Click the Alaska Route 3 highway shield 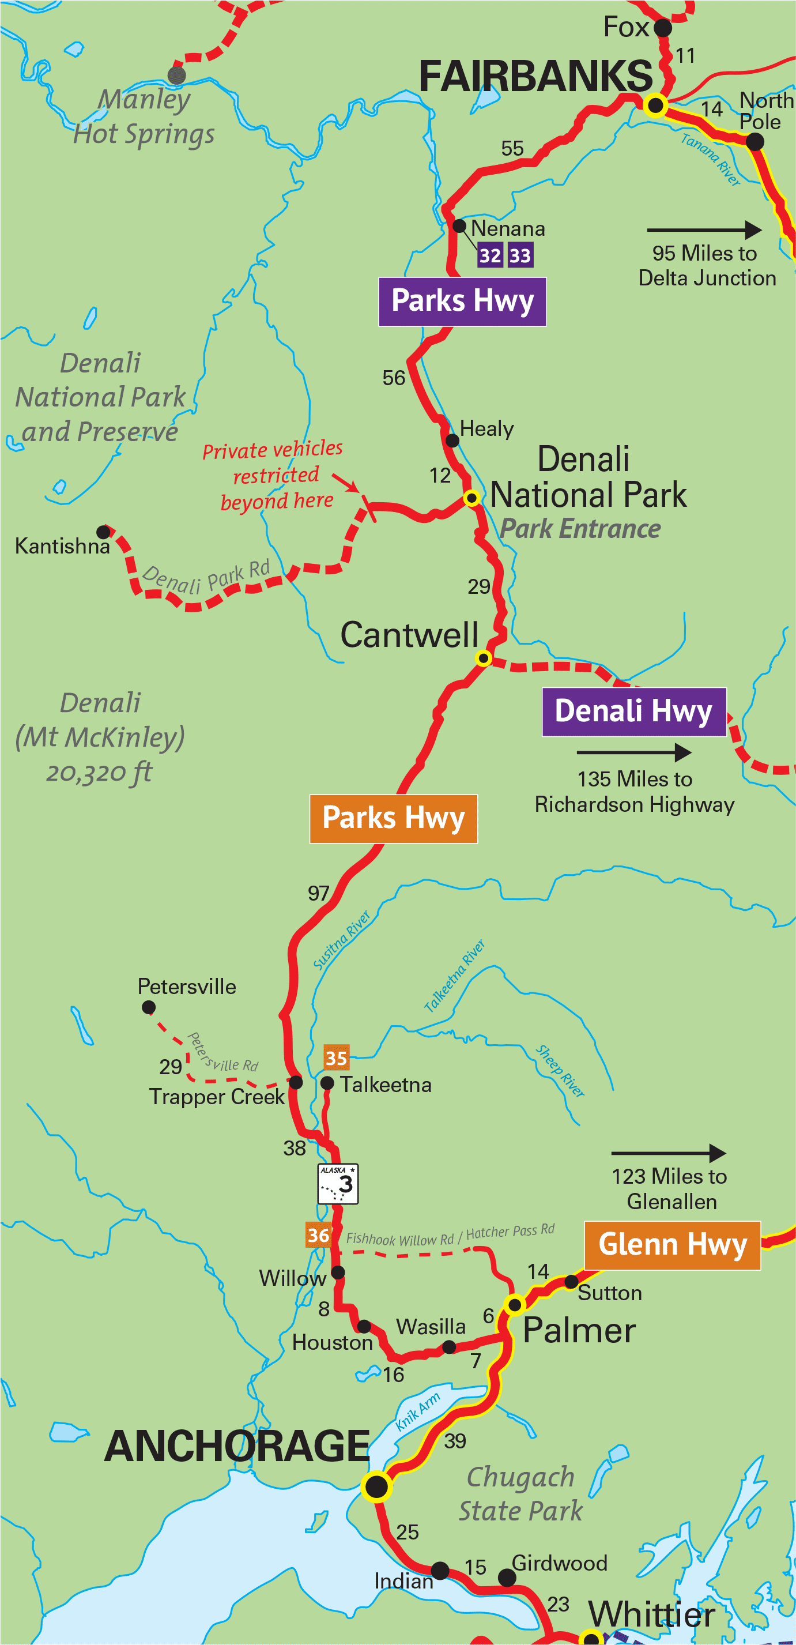(338, 1183)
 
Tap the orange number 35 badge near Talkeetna (336, 1058)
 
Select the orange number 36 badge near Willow (318, 1235)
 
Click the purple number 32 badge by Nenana (489, 255)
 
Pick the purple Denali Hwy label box (634, 712)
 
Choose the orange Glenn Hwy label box (672, 1245)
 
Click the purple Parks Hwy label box (462, 302)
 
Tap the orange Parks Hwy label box (393, 818)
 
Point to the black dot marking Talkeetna (327, 1082)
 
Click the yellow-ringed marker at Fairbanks (655, 105)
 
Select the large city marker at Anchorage (376, 1486)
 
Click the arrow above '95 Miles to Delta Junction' (704, 230)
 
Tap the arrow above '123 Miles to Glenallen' (669, 1153)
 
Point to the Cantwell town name (409, 635)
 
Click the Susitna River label (341, 940)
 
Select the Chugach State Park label (520, 1494)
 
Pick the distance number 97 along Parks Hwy (319, 893)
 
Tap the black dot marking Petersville (149, 1007)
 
